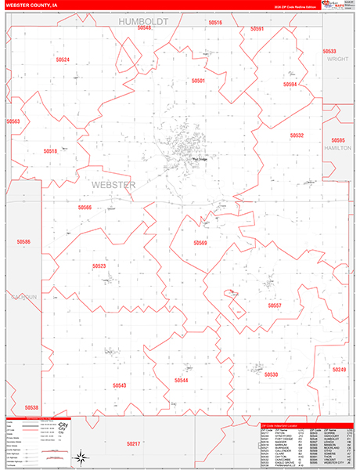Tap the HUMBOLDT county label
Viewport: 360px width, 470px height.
coord(143,22)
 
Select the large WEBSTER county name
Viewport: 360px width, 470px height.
coord(113,185)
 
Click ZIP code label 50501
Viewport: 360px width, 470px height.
coord(197,81)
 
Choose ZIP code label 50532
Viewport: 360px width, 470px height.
coord(297,136)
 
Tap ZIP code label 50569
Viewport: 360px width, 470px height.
coord(201,243)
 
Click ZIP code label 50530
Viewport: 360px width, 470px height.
coord(271,374)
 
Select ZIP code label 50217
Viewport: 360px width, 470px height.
coord(134,444)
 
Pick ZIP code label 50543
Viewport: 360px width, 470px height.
coord(119,385)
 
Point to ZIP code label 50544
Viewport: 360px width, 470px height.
coord(182,380)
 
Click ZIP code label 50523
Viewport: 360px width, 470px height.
coord(99,266)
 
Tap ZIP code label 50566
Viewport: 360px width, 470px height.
coord(85,208)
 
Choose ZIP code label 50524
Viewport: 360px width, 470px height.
coord(63,60)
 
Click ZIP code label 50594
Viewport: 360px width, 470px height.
coord(290,84)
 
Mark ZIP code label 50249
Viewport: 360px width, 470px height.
coord(339,369)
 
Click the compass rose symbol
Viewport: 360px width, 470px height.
coord(81,457)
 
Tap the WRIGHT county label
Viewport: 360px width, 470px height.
coord(337,59)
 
